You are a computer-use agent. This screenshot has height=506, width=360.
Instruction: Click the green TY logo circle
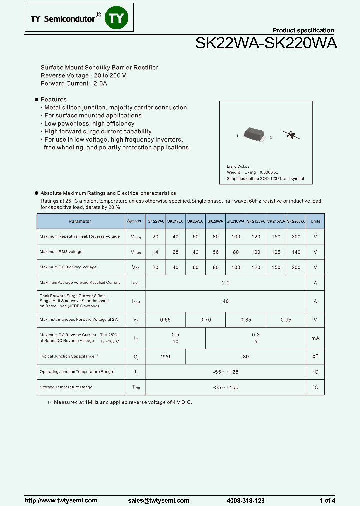[x=118, y=19]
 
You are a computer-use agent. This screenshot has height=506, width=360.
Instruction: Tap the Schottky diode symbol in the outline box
[x=288, y=134]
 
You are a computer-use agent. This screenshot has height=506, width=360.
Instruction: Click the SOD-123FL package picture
[x=254, y=134]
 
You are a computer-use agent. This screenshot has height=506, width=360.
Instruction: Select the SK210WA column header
[x=236, y=221]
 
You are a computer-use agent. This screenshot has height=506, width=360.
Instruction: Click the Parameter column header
[x=80, y=221]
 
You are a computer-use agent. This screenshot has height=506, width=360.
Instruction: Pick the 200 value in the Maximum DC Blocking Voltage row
[x=296, y=267]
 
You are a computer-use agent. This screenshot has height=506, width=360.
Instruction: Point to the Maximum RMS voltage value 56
[x=216, y=252]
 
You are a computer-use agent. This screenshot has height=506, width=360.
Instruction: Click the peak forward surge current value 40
[x=226, y=301]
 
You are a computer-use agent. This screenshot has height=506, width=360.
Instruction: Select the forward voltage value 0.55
[x=165, y=320]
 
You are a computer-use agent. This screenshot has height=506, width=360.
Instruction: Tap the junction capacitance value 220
[x=165, y=357]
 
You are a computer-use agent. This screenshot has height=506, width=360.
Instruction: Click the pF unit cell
[x=315, y=357]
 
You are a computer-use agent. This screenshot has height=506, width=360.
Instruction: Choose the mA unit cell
[x=315, y=338]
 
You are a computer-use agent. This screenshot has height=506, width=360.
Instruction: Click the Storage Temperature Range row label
[x=66, y=387]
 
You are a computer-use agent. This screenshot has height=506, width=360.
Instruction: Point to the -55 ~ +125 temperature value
[x=226, y=372]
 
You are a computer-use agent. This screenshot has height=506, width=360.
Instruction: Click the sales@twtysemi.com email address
[x=158, y=500]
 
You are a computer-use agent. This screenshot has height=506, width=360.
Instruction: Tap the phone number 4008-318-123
[x=245, y=500]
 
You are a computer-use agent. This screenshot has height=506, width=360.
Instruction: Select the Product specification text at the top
[x=303, y=30]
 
